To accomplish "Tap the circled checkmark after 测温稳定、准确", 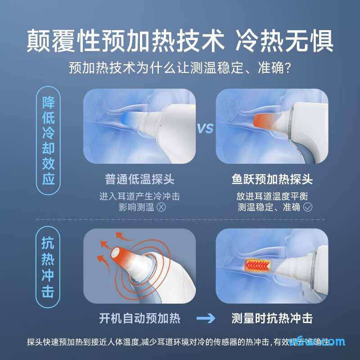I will pyautogui.click(x=308, y=207).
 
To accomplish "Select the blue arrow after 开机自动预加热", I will pyautogui.click(x=206, y=319).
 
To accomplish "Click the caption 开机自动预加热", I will pyautogui.click(x=139, y=319).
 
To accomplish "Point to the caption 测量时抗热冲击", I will pyautogui.click(x=272, y=319).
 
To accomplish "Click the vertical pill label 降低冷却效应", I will pyautogui.click(x=48, y=141).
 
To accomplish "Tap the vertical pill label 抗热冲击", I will pyautogui.click(x=48, y=269).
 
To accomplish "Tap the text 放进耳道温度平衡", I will pyautogui.click(x=272, y=197).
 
